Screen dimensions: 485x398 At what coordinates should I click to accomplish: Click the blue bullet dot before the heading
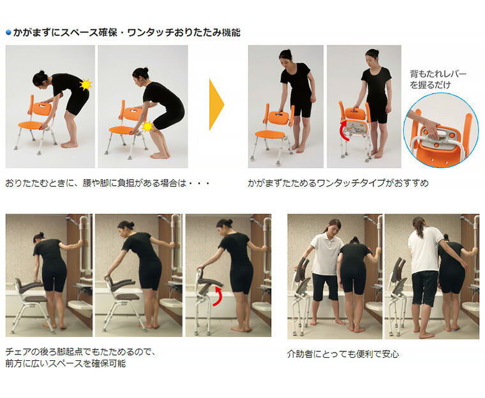click(x=8, y=32)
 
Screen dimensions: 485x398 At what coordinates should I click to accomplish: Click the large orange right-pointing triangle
click(x=216, y=105)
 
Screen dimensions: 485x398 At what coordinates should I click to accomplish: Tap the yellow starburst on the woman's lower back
click(x=86, y=84)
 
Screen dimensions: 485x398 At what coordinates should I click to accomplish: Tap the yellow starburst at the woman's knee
click(x=147, y=126)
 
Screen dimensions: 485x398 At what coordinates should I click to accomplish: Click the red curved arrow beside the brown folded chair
click(x=217, y=296)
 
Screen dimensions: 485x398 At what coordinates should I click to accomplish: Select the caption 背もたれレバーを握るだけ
click(x=438, y=79)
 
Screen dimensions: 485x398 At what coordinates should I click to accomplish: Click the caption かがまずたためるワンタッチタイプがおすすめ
click(x=338, y=183)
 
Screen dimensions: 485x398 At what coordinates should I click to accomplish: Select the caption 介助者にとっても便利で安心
click(x=343, y=354)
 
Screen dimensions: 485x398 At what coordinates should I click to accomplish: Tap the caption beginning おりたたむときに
click(x=108, y=183)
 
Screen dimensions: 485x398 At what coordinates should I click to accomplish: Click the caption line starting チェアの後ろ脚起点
click(x=80, y=352)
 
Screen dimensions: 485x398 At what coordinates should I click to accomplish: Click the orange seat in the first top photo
click(x=31, y=125)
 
